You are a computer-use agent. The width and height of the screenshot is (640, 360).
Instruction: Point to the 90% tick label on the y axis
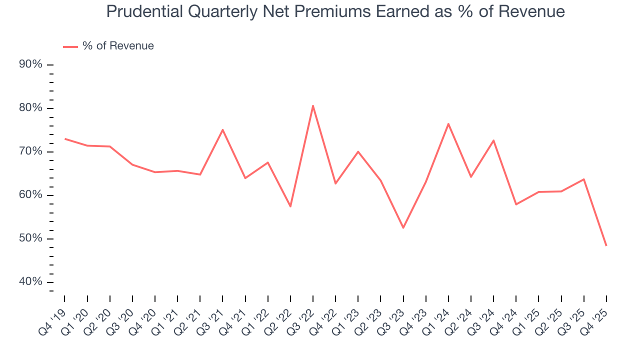30,64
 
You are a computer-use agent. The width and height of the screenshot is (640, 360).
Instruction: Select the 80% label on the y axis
30,108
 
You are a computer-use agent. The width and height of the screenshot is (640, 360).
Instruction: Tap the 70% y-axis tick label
30,151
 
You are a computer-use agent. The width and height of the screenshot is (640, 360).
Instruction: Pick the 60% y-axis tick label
30,195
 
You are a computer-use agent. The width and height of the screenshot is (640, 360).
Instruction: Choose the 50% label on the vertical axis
30,238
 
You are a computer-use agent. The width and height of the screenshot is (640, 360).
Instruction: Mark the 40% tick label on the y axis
30,282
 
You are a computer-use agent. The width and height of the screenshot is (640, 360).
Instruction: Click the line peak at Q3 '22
313,105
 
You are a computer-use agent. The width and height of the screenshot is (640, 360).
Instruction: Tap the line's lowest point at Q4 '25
606,245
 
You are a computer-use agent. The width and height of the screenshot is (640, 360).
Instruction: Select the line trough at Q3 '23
403,228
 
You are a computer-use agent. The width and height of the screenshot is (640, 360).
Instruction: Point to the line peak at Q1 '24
448,123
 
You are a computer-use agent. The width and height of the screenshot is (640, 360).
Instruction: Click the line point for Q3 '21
222,129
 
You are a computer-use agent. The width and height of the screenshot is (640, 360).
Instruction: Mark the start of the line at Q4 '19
65,138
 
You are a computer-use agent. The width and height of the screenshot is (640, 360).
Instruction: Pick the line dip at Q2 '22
290,206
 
